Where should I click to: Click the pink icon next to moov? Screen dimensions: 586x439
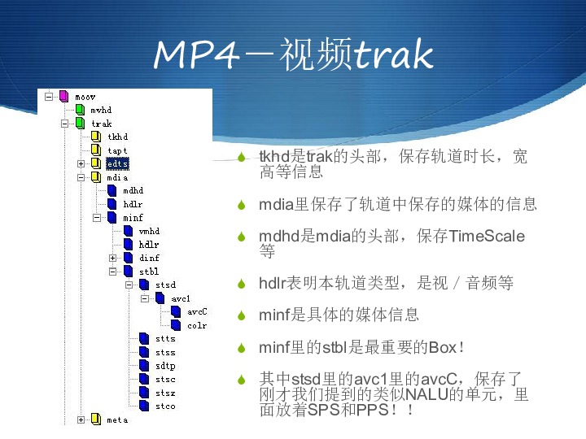pyautogui.click(x=64, y=96)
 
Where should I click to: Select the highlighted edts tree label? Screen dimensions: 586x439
pyautogui.click(x=117, y=163)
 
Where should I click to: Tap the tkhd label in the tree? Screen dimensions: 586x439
pyautogui.click(x=118, y=137)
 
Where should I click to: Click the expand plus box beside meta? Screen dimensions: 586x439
pyautogui.click(x=81, y=419)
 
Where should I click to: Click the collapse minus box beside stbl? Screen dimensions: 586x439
pyautogui.click(x=112, y=272)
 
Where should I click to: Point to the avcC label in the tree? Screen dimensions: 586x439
pyautogui.click(x=197, y=311)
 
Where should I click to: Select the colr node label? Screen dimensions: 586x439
pyautogui.click(x=197, y=325)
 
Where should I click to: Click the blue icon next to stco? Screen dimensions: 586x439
pyautogui.click(x=144, y=406)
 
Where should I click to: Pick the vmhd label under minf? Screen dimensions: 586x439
pyautogui.click(x=149, y=231)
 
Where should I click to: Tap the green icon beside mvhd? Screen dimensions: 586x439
pyautogui.click(x=80, y=110)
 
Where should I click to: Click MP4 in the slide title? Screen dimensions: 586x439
pyautogui.click(x=196, y=54)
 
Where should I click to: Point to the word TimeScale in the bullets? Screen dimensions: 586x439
pyautogui.click(x=487, y=236)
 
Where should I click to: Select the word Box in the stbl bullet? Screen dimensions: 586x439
pyautogui.click(x=443, y=348)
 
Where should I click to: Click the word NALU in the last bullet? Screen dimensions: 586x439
pyautogui.click(x=426, y=394)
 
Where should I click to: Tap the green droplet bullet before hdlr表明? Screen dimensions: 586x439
pyautogui.click(x=242, y=284)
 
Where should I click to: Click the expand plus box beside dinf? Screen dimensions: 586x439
pyautogui.click(x=112, y=258)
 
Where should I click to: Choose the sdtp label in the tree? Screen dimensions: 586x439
pyautogui.click(x=165, y=366)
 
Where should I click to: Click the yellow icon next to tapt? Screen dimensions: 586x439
pyautogui.click(x=96, y=150)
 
